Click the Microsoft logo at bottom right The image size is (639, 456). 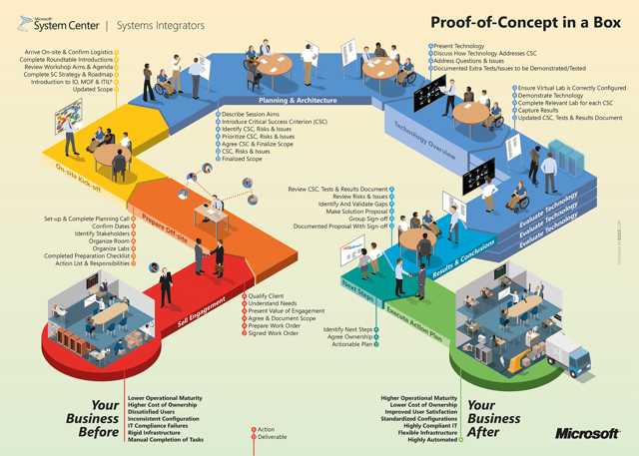click(588, 434)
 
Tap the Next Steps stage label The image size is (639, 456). click(357, 288)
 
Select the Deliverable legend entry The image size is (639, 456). click(272, 438)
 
